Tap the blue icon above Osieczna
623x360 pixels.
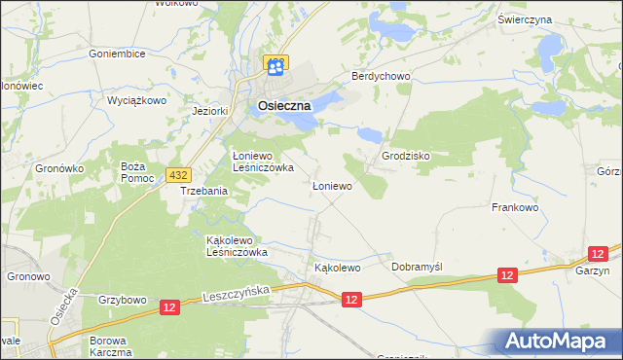click(x=276, y=66)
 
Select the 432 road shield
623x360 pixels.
click(x=177, y=174)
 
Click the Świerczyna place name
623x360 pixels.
click(x=552, y=19)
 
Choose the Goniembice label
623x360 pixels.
click(x=117, y=54)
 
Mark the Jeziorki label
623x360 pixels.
click(x=210, y=111)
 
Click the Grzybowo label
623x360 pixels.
click(x=122, y=301)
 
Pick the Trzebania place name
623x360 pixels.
click(x=204, y=191)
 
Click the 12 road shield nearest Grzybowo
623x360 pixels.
click(x=171, y=307)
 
